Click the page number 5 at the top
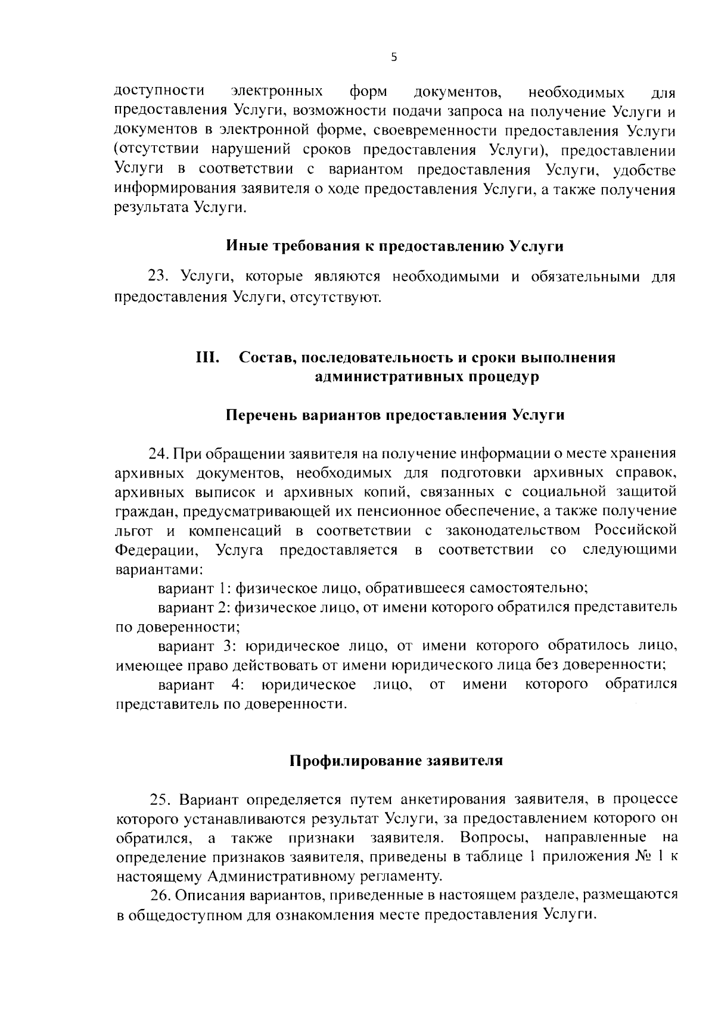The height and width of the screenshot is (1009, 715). (x=393, y=57)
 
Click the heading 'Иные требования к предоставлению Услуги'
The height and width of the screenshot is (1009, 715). (x=395, y=246)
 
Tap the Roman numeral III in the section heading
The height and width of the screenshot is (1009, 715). (x=208, y=357)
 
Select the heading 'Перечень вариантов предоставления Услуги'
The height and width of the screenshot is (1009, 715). (x=395, y=415)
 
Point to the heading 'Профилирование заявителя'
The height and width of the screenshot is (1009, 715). (x=396, y=761)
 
